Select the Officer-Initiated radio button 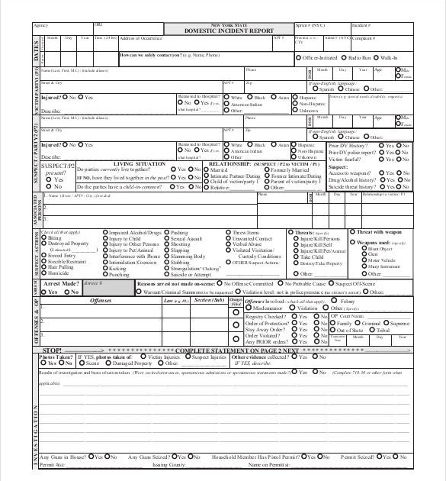297,58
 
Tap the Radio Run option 344,58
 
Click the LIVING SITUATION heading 137,163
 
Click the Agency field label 40,25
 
